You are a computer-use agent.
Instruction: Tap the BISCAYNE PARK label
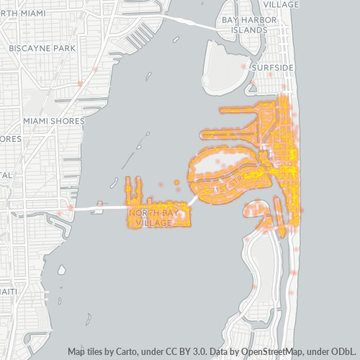(43, 48)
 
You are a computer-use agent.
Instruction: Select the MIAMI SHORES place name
(53, 121)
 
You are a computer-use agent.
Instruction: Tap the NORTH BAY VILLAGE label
(152, 218)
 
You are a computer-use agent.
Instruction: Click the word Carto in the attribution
(122, 352)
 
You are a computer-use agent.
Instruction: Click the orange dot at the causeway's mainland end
(71, 207)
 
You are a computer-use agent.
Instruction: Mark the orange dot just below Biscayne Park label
(81, 84)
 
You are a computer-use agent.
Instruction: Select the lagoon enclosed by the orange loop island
(216, 167)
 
